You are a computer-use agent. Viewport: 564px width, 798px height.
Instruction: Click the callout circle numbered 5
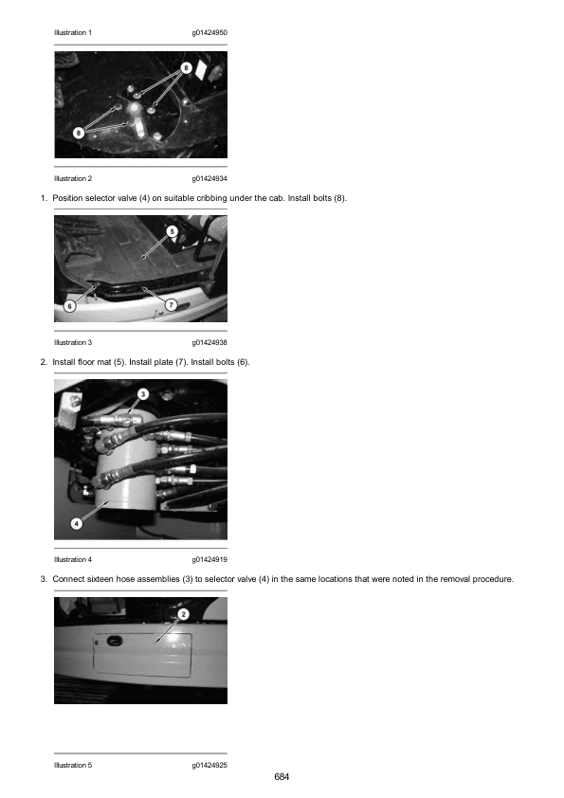[173, 231]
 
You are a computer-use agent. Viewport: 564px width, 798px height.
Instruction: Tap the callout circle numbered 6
[70, 306]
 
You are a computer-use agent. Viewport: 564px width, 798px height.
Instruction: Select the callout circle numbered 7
[171, 305]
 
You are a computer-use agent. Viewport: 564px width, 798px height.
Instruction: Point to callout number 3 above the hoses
[143, 394]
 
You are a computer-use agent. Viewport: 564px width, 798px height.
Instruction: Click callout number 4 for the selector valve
[77, 523]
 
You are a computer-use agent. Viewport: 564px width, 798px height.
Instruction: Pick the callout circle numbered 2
[183, 614]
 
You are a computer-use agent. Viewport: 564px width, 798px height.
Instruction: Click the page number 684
[282, 776]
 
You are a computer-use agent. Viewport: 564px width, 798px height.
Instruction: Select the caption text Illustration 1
[73, 32]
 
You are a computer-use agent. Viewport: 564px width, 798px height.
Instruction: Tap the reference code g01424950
[209, 32]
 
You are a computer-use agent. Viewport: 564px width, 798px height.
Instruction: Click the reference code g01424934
[209, 178]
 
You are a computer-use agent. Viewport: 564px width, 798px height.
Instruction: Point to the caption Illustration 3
[73, 342]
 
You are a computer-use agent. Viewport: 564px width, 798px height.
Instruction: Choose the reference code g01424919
[209, 559]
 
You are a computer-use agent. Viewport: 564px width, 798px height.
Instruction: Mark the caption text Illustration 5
[73, 765]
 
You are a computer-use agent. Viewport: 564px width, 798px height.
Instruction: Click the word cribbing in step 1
[211, 198]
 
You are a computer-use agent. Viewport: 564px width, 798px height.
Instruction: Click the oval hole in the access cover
[112, 641]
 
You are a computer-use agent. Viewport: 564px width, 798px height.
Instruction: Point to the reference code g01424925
[209, 765]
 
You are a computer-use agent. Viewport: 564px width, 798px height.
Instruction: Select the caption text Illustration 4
[73, 559]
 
